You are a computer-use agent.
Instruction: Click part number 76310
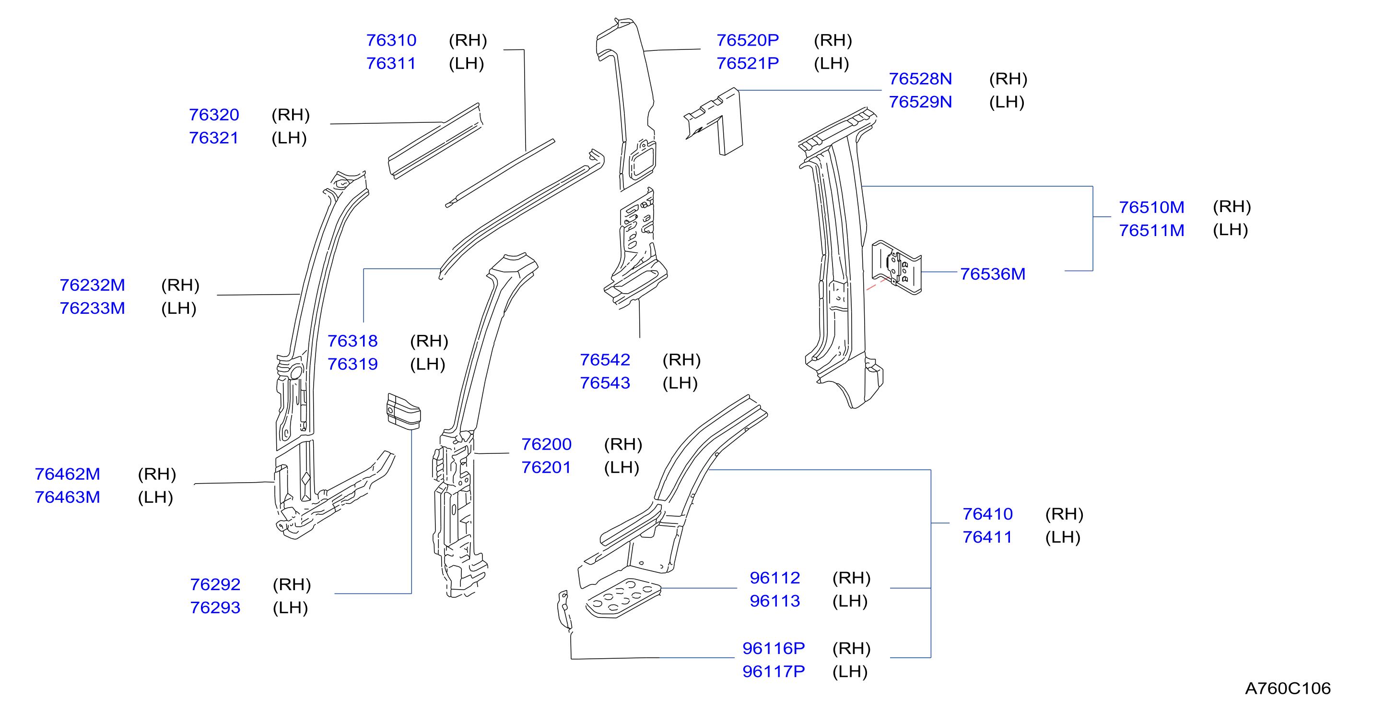(x=391, y=40)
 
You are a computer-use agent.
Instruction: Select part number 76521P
(x=747, y=63)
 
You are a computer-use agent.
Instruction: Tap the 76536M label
(x=992, y=274)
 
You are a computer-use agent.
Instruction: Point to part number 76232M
(x=92, y=285)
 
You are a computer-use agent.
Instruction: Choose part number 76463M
(x=67, y=497)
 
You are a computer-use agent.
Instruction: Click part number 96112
(x=775, y=578)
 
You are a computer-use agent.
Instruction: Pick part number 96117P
(x=774, y=671)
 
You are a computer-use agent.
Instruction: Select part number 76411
(x=987, y=537)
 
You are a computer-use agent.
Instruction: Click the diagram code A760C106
(x=1288, y=688)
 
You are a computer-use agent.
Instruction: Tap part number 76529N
(x=920, y=102)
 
